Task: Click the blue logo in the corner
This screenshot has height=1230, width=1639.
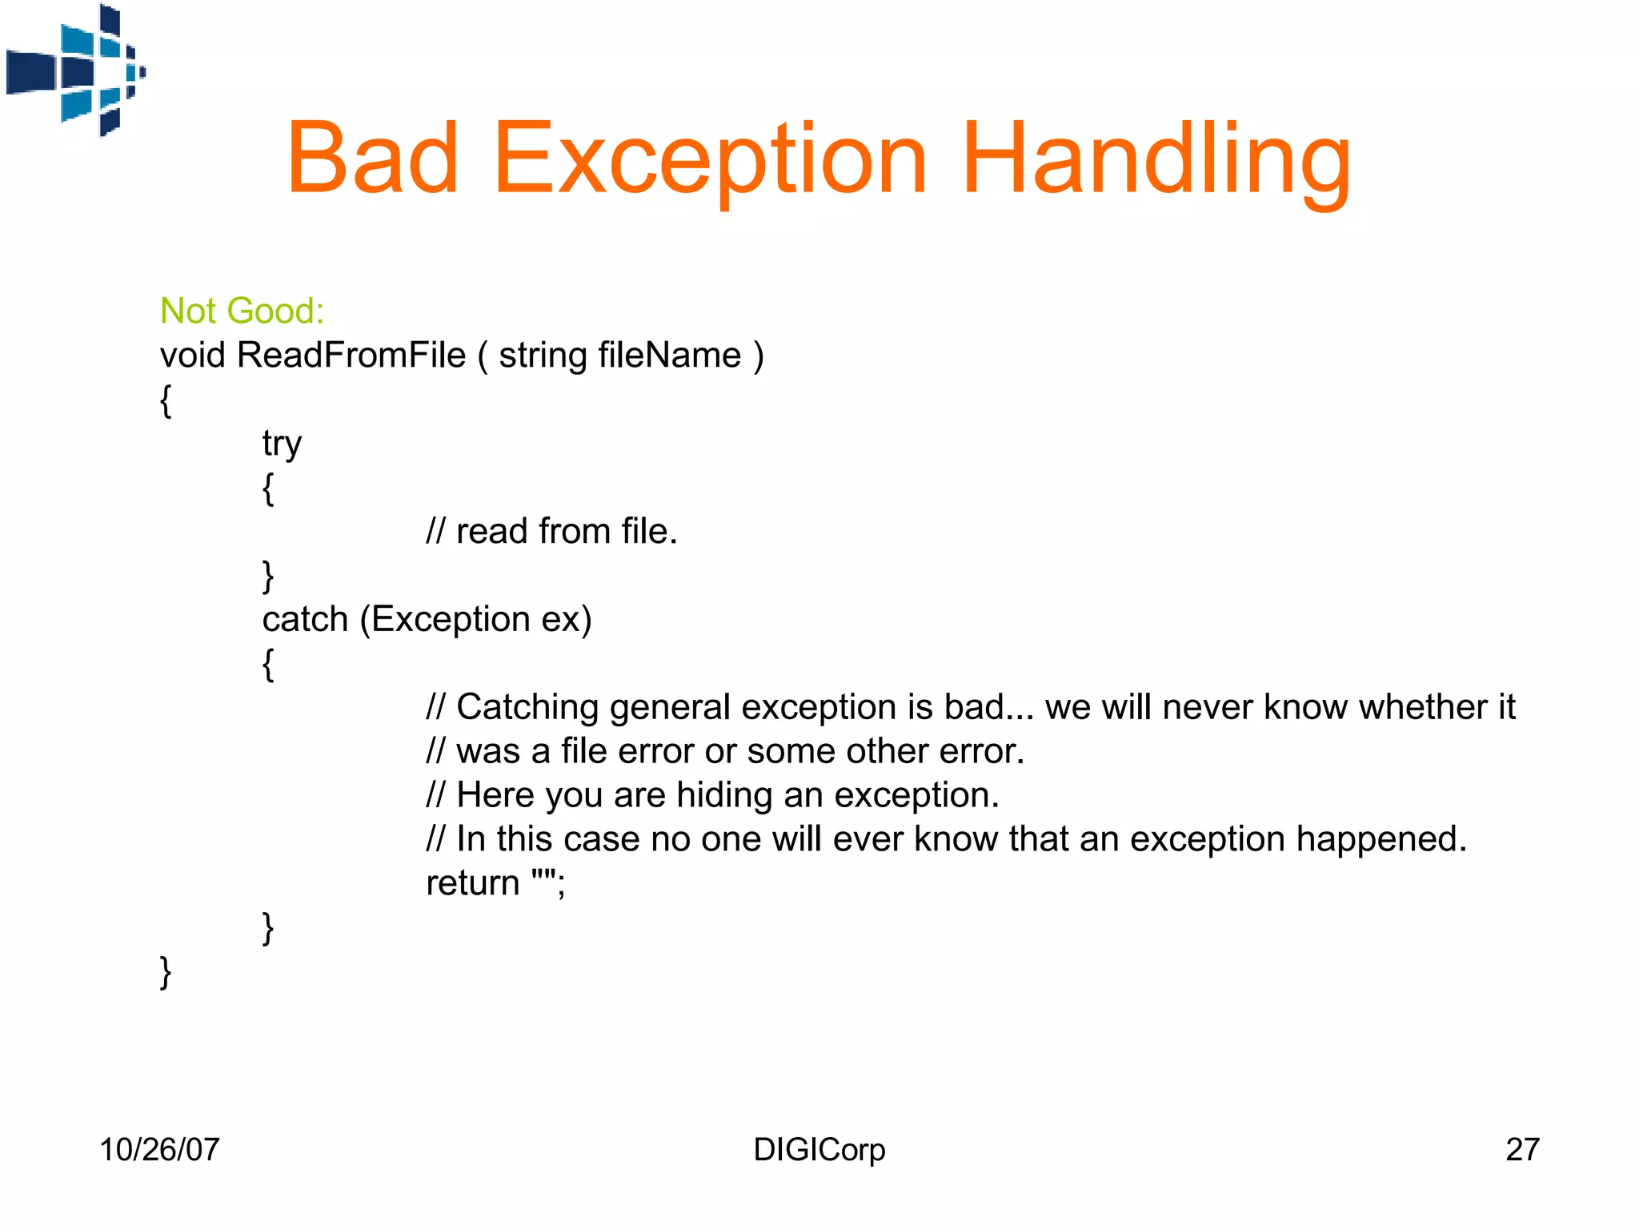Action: (76, 70)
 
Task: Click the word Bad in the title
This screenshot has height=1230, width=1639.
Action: (373, 158)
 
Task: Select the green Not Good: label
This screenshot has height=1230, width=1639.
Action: (242, 311)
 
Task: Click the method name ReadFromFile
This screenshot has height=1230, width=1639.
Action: (351, 355)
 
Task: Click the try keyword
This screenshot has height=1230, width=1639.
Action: (282, 444)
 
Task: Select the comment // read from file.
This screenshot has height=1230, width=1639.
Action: (551, 531)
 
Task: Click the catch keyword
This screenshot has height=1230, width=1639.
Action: (305, 619)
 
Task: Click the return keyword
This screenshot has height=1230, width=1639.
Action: (472, 883)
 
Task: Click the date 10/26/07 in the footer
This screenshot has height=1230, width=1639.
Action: (159, 1150)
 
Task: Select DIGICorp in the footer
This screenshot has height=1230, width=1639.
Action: (819, 1150)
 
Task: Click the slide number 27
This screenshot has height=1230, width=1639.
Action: (1522, 1150)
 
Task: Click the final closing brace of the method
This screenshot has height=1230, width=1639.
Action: (166, 972)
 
